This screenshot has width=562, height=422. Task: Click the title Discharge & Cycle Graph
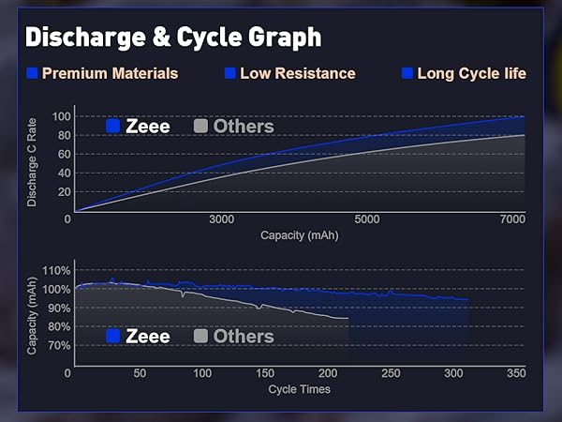(173, 37)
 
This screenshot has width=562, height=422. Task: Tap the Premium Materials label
(110, 73)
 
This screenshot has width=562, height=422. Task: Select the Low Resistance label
(297, 73)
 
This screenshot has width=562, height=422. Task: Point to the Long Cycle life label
(471, 73)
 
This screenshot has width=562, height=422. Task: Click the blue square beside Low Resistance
(229, 73)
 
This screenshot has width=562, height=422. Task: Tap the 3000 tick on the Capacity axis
(222, 219)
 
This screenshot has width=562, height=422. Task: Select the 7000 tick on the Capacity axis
(511, 219)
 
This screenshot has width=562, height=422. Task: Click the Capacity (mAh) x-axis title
(299, 234)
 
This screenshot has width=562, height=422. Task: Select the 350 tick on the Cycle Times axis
(515, 373)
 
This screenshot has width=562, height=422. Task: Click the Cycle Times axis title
(299, 388)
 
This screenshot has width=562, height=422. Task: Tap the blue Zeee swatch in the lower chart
(113, 336)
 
